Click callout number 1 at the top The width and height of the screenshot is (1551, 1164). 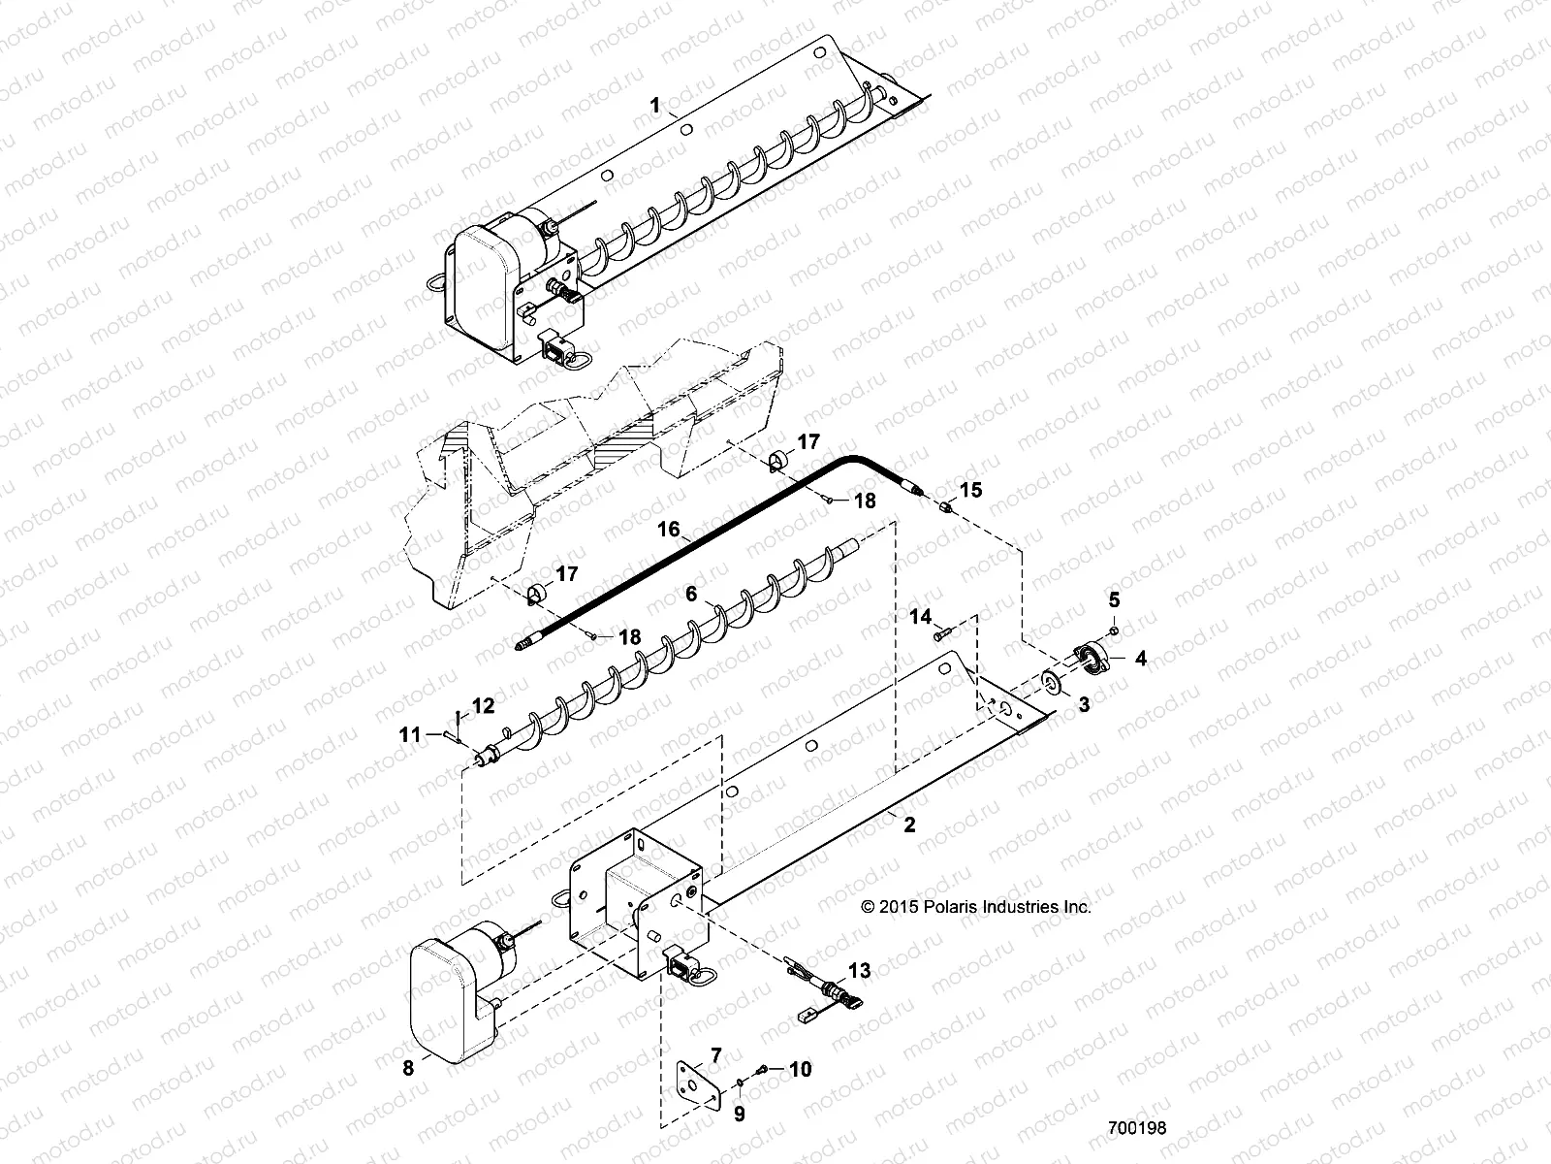click(656, 106)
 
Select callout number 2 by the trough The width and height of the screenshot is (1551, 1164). click(908, 825)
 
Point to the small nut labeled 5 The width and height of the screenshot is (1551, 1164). click(1114, 631)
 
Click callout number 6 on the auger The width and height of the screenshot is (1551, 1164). click(691, 594)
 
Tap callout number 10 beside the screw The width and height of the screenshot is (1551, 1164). click(800, 1069)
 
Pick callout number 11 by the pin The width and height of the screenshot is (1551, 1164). click(410, 735)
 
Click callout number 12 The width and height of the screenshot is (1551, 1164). click(483, 705)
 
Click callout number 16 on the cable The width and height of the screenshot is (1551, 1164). click(669, 530)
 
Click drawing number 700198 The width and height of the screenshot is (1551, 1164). click(1137, 1128)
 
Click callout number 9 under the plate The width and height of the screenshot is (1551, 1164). click(739, 1115)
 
